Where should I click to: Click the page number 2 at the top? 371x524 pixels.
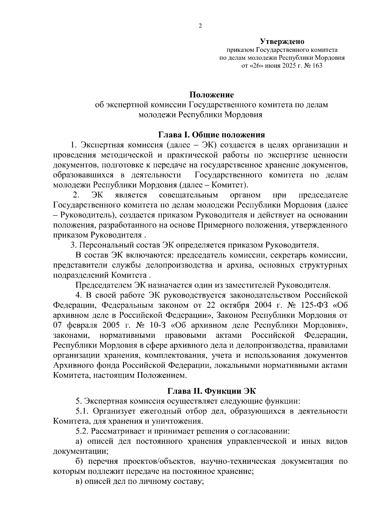tap(200, 26)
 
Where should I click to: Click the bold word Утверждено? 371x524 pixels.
tap(282, 41)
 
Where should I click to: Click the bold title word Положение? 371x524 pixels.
tap(211, 94)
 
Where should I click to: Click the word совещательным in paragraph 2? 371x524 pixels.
tap(189, 195)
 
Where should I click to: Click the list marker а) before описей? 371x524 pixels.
tap(79, 442)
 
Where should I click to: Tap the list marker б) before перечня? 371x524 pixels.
tap(80, 462)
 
